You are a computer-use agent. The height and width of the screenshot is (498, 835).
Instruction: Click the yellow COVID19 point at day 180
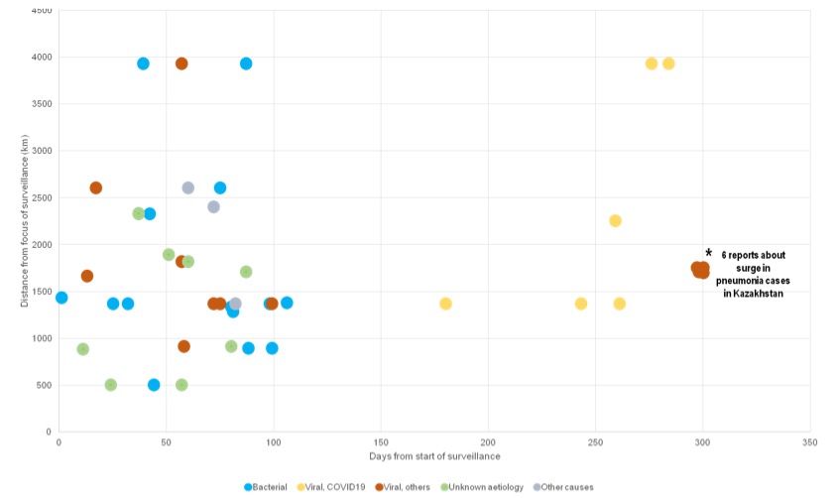[445, 304]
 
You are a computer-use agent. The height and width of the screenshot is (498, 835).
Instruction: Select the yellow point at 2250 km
[615, 220]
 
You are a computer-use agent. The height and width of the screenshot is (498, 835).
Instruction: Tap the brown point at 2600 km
[95, 187]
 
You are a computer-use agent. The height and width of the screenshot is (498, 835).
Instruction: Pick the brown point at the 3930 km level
[181, 63]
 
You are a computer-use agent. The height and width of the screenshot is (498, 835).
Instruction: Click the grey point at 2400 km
[213, 206]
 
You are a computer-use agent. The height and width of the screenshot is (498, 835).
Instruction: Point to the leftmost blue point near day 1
[61, 298]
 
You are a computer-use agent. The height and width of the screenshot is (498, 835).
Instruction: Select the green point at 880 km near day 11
[82, 349]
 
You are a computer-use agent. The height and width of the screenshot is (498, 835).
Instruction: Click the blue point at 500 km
[154, 385]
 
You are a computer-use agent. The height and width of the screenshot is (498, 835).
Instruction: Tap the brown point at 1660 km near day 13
[87, 276]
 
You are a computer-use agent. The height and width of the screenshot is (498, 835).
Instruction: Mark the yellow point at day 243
[581, 304]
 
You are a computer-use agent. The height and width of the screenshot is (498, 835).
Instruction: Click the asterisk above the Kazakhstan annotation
[709, 253]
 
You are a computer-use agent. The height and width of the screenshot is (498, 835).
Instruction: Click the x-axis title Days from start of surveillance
[434, 456]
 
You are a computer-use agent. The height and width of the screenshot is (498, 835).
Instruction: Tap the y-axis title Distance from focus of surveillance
[23, 221]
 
